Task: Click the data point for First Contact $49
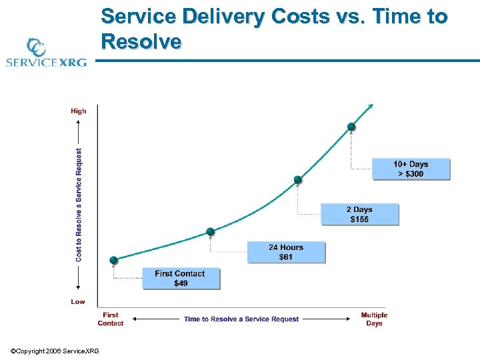113,259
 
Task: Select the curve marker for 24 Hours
210,231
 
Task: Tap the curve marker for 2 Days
298,179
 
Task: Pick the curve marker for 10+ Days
351,127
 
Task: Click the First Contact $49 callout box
180,278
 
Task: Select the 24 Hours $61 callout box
286,252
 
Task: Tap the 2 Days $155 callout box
359,214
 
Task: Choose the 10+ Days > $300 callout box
411,169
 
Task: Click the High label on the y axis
78,111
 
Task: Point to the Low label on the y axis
78,301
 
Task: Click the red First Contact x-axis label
111,319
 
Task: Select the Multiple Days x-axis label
374,319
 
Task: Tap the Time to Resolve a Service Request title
241,319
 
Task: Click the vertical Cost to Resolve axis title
79,205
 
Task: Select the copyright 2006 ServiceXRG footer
55,351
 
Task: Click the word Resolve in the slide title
141,42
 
